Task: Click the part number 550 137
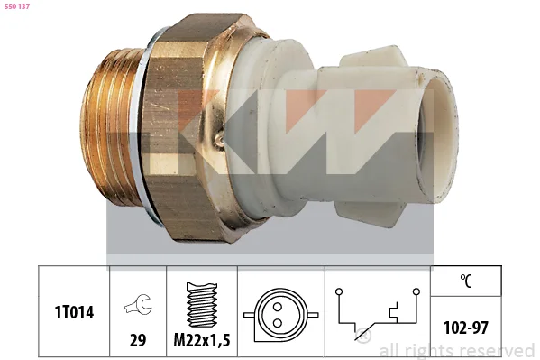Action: tap(17, 6)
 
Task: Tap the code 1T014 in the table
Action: tap(74, 312)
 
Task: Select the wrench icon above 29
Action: tap(138, 304)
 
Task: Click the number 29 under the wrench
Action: tap(138, 340)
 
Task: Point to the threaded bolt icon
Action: tap(202, 305)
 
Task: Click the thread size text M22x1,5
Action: tap(202, 340)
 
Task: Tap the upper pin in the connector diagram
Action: tap(278, 307)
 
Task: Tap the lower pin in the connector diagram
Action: tap(278, 323)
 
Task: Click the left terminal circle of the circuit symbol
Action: tap(339, 291)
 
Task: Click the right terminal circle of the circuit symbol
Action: tap(416, 291)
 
